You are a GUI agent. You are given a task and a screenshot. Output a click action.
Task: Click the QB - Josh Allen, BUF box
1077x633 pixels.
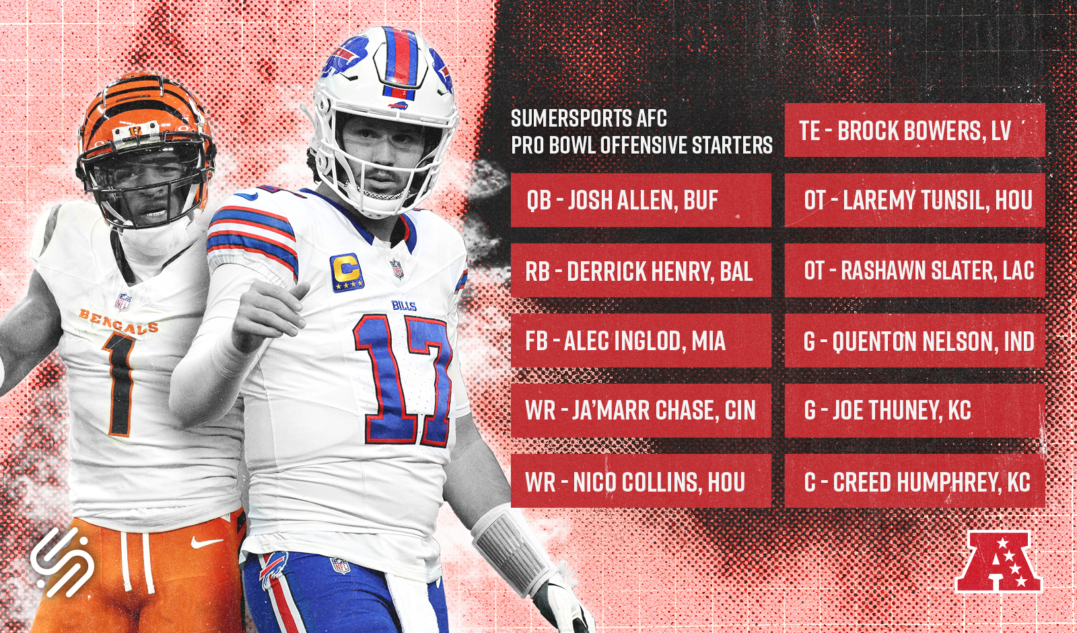point(641,200)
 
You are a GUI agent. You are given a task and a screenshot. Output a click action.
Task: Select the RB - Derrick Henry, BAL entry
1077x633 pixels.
point(641,271)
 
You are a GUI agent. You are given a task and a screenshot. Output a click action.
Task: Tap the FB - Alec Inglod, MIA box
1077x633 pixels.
point(641,341)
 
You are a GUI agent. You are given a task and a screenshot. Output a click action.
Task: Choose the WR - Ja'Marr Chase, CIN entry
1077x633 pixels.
point(641,411)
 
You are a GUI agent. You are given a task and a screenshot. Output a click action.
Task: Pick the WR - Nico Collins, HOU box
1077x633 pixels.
point(641,481)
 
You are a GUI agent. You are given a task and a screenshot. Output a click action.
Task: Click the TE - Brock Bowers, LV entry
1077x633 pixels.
point(915,131)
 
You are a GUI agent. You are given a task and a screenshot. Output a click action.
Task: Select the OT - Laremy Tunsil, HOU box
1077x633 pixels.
point(915,200)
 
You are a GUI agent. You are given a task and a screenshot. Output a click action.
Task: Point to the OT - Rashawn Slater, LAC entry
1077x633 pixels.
point(915,271)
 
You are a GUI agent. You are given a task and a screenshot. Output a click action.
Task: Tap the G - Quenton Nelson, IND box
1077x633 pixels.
point(915,341)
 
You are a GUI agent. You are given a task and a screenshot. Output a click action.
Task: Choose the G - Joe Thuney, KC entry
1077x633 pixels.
point(915,411)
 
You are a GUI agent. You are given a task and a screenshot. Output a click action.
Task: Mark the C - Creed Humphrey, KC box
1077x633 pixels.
point(915,481)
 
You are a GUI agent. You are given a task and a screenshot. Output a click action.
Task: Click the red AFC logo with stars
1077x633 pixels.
point(998,562)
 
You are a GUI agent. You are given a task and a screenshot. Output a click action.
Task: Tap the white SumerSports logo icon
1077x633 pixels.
point(62,562)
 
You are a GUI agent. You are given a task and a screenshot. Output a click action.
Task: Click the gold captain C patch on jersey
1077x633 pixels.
point(347,272)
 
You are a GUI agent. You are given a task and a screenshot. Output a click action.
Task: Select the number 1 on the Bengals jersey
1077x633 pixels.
point(119,384)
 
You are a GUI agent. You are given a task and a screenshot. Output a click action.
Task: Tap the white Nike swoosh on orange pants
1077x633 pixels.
point(207,542)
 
